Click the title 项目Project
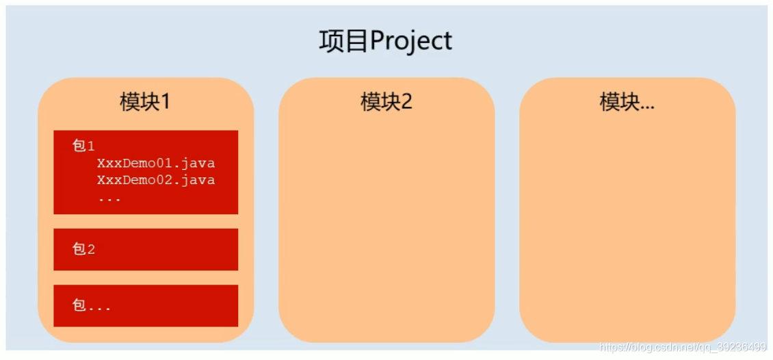click(386, 41)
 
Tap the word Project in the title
click(411, 41)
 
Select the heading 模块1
click(145, 102)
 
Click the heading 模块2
click(386, 102)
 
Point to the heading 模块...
click(627, 102)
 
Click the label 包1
click(83, 146)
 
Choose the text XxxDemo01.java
click(156, 163)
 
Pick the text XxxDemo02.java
click(156, 180)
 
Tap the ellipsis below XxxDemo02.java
click(109, 198)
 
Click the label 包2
click(83, 249)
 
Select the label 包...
click(91, 305)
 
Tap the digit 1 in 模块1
click(165, 102)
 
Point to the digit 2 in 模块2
click(406, 102)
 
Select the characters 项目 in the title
click(343, 41)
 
